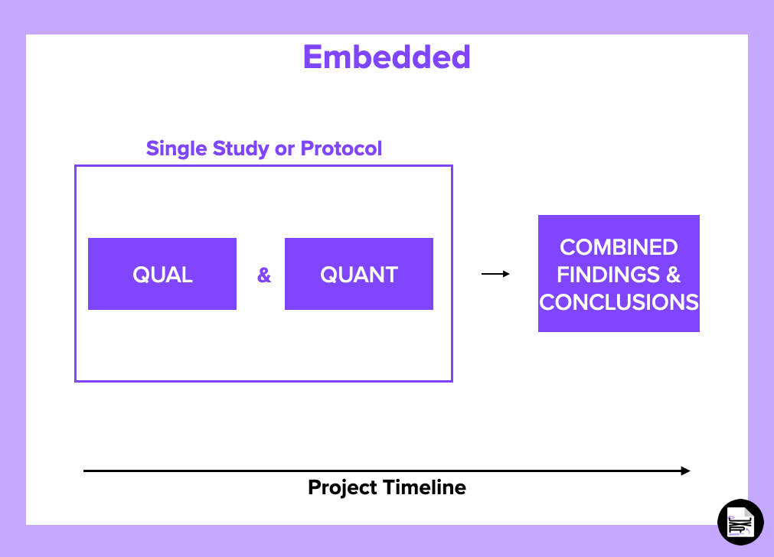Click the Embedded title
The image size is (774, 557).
coord(387,58)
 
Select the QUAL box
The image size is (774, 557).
coord(162,274)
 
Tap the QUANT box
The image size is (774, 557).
coord(359,274)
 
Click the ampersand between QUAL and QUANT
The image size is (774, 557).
coord(264,275)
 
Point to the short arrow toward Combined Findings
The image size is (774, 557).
coord(495,274)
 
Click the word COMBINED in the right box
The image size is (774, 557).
coord(619,247)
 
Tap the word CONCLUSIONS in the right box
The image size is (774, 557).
coord(619,301)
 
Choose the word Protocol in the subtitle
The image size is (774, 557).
coord(341,148)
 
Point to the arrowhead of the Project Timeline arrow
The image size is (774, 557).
coord(686,471)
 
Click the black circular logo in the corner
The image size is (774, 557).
coord(740,523)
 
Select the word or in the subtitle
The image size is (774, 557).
coord(284,148)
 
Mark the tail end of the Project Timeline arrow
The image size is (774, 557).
coord(86,471)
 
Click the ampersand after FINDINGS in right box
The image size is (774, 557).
coord(673,274)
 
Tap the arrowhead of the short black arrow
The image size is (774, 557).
coord(506,274)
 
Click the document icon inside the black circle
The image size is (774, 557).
coord(741,523)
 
